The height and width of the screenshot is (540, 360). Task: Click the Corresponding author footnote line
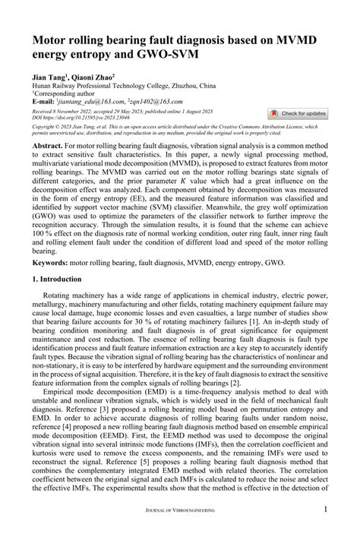pos(65,93)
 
